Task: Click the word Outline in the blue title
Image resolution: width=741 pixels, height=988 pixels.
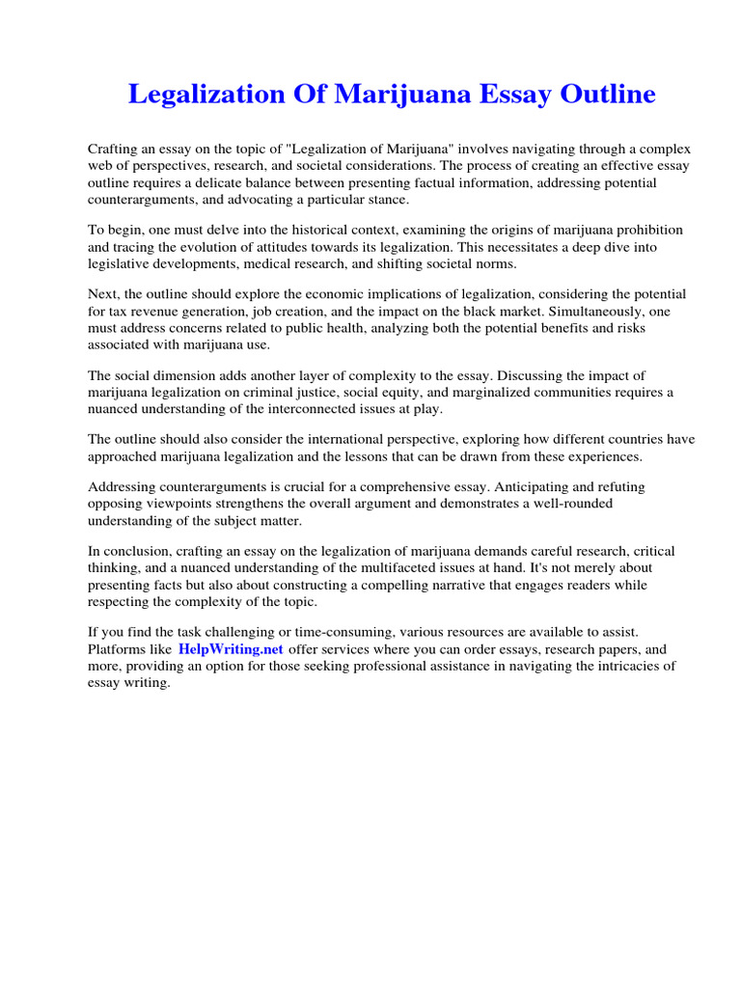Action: pos(605,95)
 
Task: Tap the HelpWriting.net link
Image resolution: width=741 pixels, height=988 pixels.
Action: pos(231,650)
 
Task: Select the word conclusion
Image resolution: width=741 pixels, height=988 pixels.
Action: pos(135,551)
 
